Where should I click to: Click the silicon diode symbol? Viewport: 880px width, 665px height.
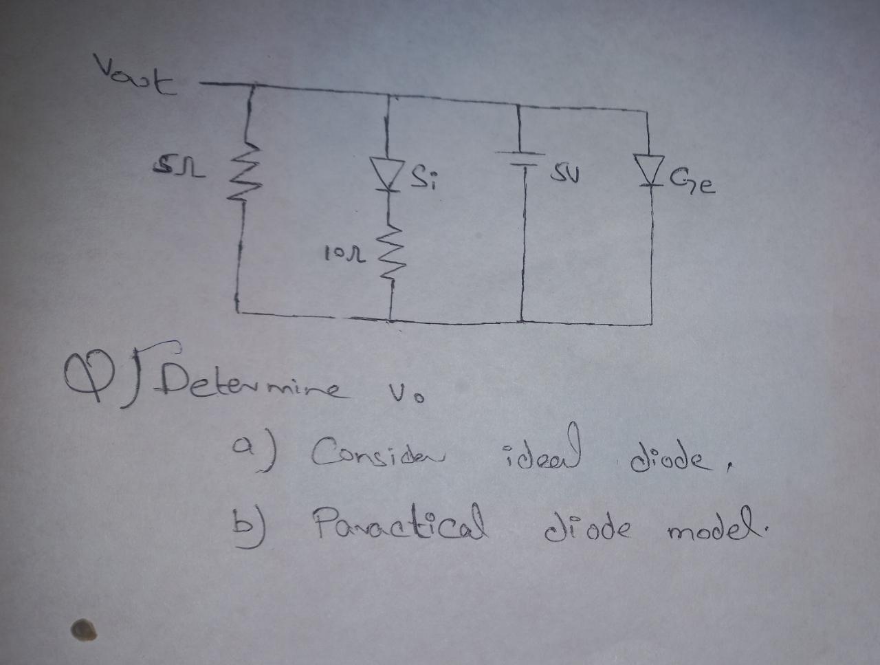[387, 172]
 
